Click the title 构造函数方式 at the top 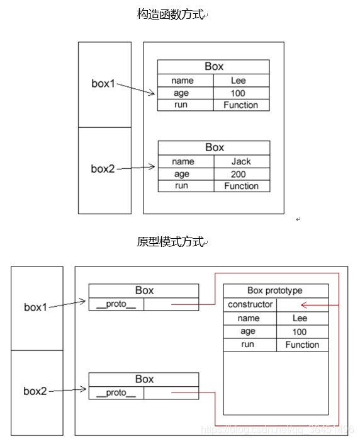coord(170,14)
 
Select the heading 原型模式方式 coord(170,242)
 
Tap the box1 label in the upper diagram coord(103,84)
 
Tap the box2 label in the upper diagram coord(103,168)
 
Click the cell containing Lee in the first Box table coord(241,81)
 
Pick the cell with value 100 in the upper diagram coord(241,93)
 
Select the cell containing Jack coord(241,161)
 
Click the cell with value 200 coord(241,174)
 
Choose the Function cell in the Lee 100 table coord(241,105)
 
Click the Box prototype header coord(275,290)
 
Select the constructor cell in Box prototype coord(250,304)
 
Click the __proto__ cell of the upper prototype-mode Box coord(116,304)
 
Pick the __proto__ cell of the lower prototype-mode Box coord(116,393)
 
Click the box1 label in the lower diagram coord(36,307)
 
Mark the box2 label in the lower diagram coord(36,391)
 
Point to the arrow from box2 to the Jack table coord(136,168)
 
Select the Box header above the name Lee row coord(213,66)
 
